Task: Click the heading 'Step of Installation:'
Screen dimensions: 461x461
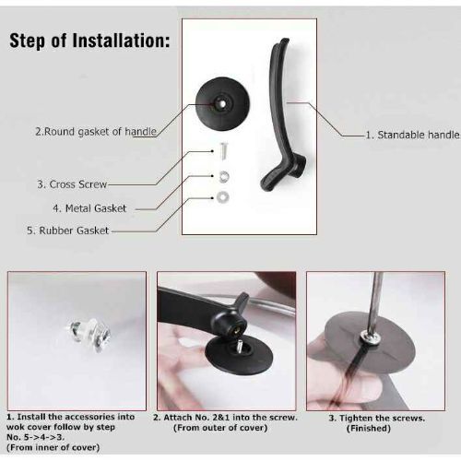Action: (89, 41)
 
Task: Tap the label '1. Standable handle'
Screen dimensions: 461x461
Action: (412, 135)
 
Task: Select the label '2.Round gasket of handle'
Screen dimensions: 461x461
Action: (96, 132)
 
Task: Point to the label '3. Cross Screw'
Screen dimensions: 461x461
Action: (72, 184)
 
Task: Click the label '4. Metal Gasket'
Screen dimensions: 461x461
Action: (89, 208)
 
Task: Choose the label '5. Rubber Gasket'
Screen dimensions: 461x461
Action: (68, 230)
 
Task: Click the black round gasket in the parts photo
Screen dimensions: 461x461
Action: (222, 104)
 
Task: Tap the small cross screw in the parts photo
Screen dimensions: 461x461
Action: (223, 152)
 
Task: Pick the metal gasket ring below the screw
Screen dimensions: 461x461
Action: (224, 176)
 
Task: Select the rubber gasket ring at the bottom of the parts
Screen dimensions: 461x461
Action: (222, 197)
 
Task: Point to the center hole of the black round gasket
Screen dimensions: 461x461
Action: (221, 103)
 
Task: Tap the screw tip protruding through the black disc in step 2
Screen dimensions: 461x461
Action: (238, 343)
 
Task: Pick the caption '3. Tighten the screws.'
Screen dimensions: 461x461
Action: (377, 418)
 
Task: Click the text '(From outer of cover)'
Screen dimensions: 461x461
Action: (220, 428)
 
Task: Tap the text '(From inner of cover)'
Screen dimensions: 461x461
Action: (53, 447)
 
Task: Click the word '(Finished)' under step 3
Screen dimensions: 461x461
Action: (369, 428)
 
